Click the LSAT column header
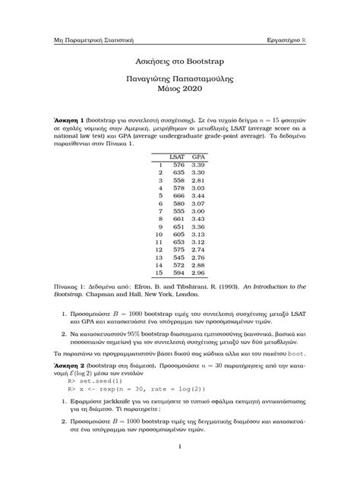pyautogui.click(x=177, y=155)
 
